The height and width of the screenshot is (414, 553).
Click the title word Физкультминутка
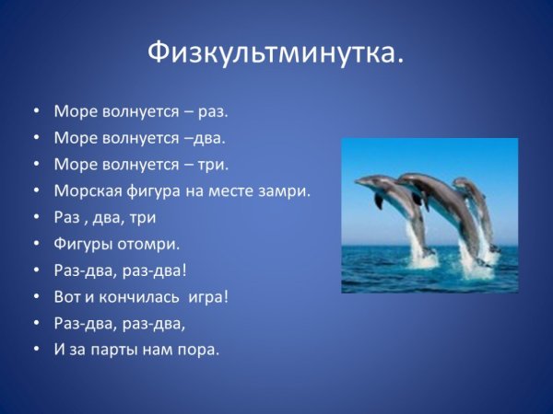tap(275, 53)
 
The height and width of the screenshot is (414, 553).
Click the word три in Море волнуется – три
tap(212, 165)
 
